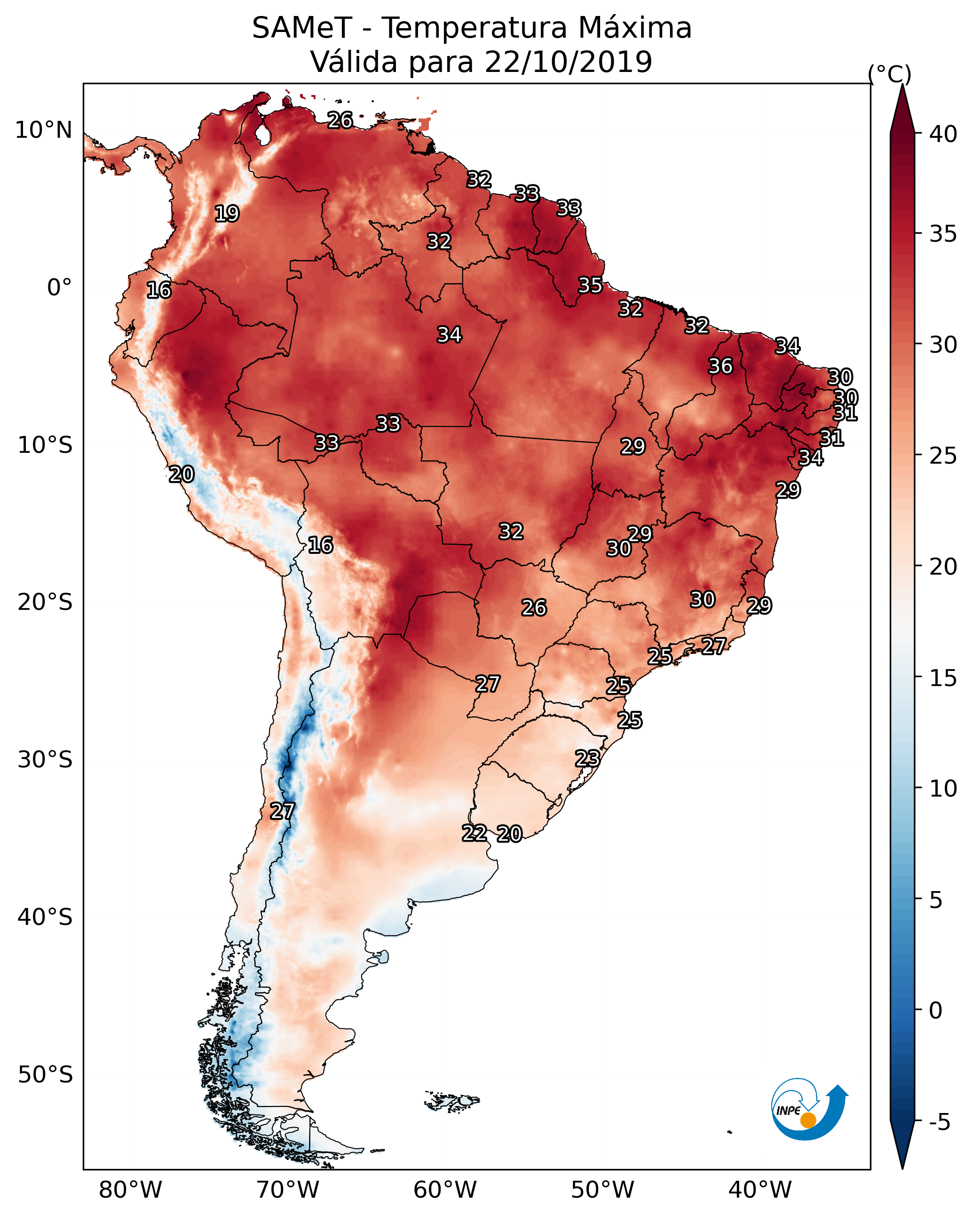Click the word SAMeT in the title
(302, 28)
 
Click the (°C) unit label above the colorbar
(890, 74)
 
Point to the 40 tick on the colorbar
(943, 134)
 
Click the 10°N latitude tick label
(43, 130)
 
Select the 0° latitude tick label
(59, 288)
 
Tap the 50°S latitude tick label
(45, 1075)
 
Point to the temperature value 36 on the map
(720, 366)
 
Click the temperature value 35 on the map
(590, 285)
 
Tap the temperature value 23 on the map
(587, 758)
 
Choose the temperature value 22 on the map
(474, 833)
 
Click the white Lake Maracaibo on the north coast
(262, 134)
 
